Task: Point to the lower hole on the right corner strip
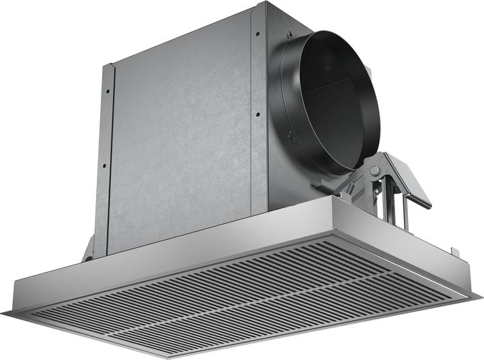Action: (257, 114)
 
